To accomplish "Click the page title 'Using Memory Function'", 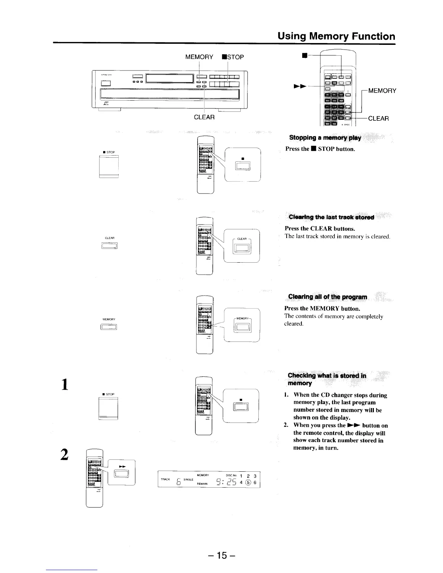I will [336, 36].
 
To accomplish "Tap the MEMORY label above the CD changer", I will [199, 57].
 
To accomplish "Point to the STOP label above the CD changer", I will [233, 57].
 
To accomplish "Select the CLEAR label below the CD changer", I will [204, 117].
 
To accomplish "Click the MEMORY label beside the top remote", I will [382, 90].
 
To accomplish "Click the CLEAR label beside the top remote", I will [378, 118].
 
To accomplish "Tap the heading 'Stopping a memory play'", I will [325, 138].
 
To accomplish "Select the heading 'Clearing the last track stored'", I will [331, 217].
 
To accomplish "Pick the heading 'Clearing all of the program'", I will [327, 297].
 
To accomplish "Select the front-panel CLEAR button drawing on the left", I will [110, 246].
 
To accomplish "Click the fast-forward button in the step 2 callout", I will [120, 474].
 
